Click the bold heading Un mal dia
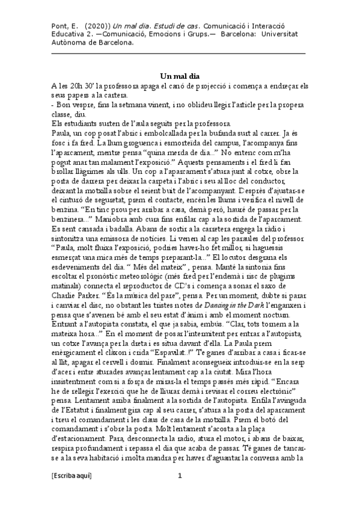pos(179,76)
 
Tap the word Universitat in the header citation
pos(283,35)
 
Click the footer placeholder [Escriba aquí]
pos(72,492)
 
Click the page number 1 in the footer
pos(180,492)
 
